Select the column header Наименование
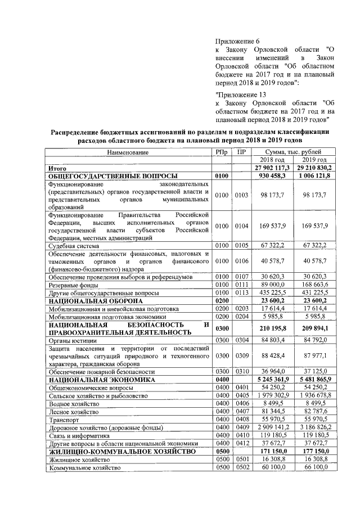128,152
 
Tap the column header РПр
222,152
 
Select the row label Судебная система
71,246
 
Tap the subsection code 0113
241,293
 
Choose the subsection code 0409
241,427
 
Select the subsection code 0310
241,371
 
